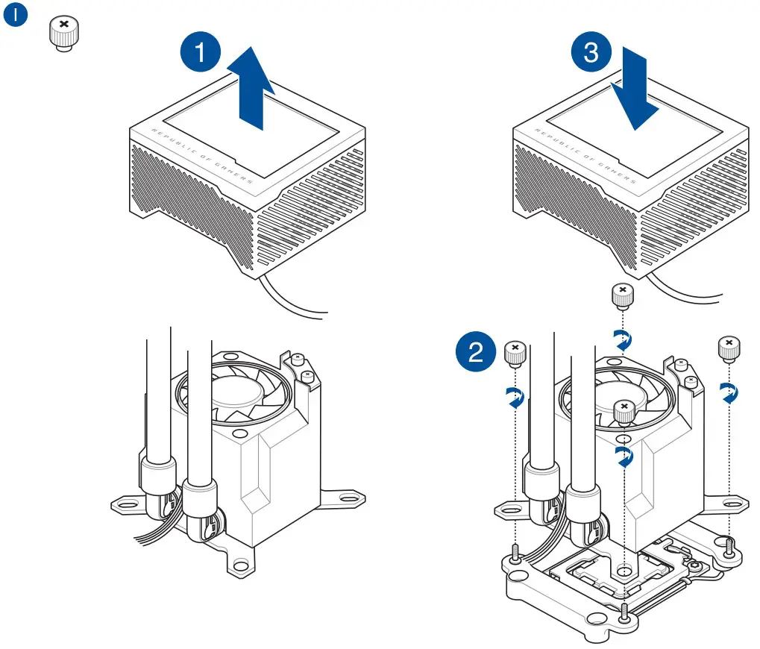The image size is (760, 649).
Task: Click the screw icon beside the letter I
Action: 63,32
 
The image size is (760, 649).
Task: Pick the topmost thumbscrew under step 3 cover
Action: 622,295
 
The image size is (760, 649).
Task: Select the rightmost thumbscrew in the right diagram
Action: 728,348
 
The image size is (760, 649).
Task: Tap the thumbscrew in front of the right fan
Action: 623,411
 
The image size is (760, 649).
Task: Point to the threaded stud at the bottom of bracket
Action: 622,613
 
